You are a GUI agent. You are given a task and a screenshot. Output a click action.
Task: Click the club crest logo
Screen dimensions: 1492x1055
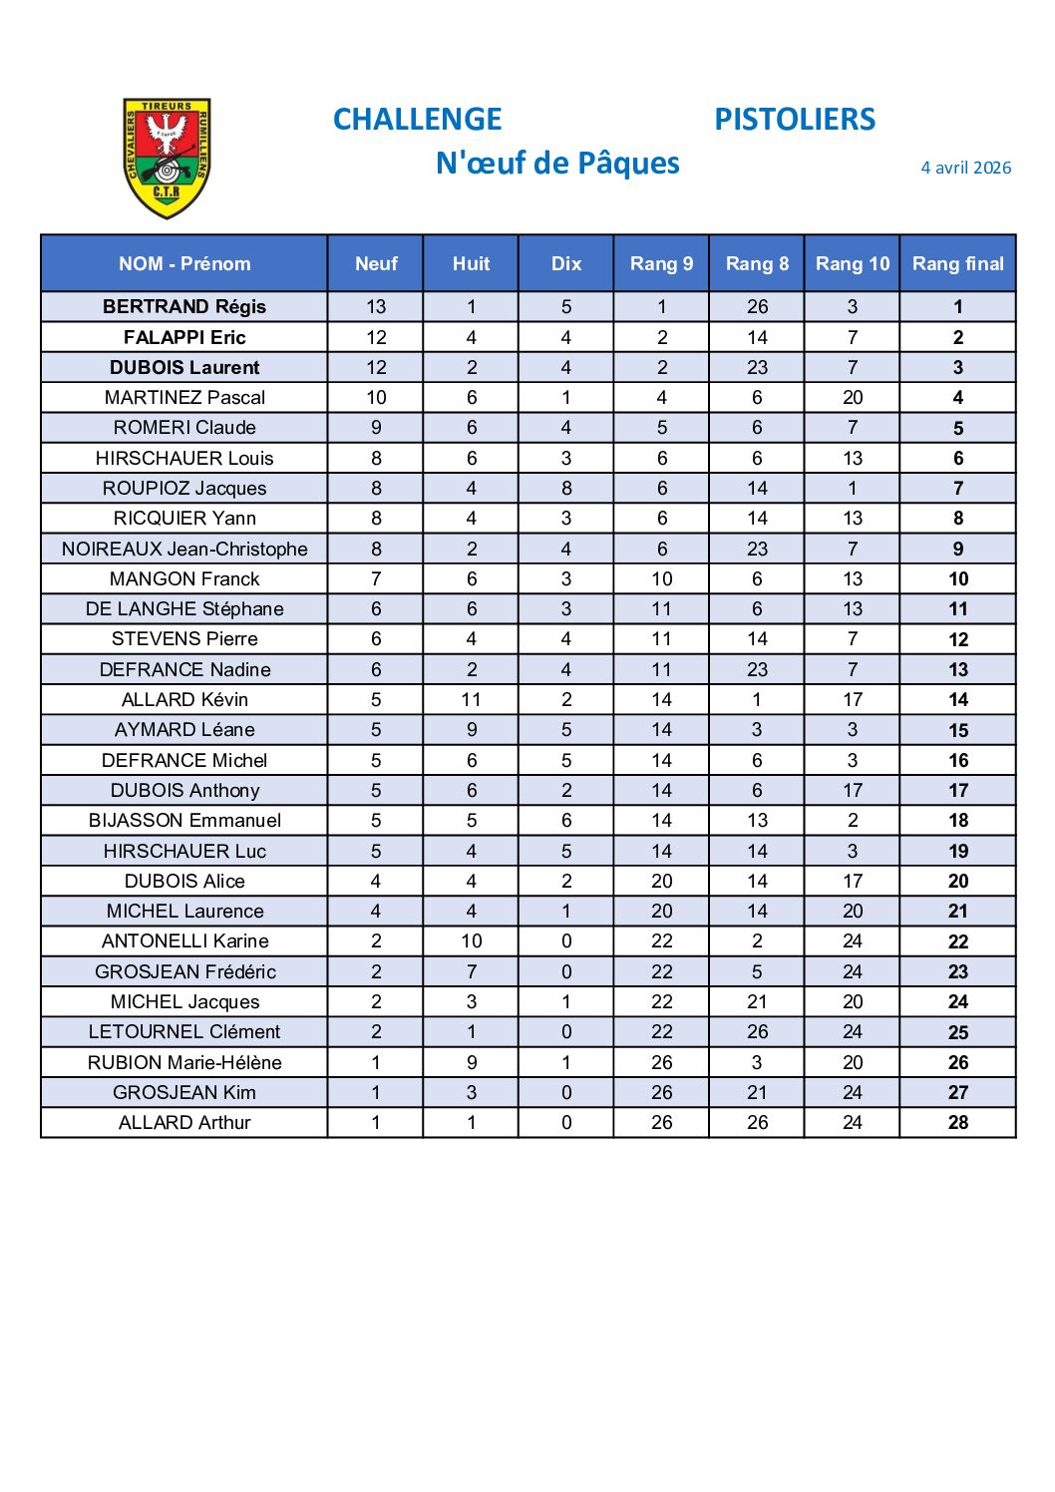tap(167, 158)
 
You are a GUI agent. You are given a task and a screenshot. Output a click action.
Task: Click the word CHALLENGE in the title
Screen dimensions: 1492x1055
tap(417, 120)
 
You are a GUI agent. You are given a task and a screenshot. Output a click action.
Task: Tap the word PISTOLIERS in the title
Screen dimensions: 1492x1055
tap(795, 120)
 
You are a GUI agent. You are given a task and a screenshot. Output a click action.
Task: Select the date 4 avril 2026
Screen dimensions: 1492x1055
tap(965, 168)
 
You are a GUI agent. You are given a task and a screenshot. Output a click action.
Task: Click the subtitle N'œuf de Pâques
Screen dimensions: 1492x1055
tap(557, 164)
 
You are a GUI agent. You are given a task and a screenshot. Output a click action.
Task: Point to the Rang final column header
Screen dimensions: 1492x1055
tap(957, 263)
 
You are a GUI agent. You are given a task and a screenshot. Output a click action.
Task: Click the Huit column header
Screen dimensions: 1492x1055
tap(471, 263)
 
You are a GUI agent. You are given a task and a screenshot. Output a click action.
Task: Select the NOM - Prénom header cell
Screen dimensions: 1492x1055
tap(184, 263)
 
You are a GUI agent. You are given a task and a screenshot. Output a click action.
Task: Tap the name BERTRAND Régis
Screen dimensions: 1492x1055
tap(184, 306)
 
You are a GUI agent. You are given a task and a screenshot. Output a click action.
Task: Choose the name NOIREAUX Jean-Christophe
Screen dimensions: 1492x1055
tap(184, 549)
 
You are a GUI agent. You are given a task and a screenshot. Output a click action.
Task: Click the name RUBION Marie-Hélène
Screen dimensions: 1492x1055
tap(184, 1062)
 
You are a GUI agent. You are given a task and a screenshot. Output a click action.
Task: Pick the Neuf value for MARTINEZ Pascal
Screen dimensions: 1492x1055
tap(376, 397)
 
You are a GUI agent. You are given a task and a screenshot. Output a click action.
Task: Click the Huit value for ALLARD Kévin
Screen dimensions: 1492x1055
tap(471, 699)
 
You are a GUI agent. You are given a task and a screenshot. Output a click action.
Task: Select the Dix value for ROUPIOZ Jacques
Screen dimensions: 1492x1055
tap(566, 488)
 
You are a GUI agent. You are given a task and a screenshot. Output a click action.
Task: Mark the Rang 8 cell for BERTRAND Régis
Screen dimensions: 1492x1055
tap(757, 306)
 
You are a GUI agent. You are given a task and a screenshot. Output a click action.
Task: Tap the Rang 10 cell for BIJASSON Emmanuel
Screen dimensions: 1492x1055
tap(853, 820)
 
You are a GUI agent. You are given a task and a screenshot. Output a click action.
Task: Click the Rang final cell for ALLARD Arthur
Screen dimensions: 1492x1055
tap(957, 1122)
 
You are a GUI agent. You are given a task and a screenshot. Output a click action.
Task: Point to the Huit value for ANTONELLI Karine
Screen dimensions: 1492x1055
tap(471, 940)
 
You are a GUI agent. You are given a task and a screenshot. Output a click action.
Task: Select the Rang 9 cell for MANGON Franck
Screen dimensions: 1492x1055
tap(662, 578)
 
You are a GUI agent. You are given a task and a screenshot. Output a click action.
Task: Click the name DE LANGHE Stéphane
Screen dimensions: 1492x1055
tap(184, 608)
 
